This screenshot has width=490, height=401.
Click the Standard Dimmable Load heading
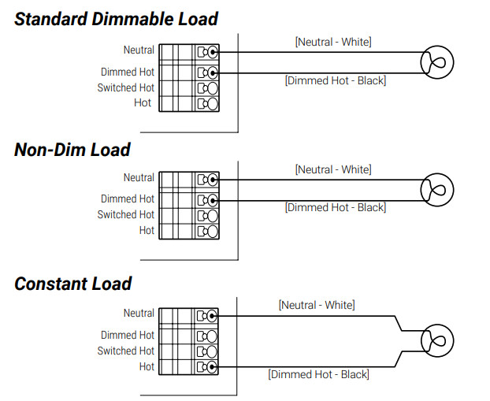tap(117, 19)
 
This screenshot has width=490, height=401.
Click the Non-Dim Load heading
tap(72, 149)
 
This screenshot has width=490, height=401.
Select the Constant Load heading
tap(73, 284)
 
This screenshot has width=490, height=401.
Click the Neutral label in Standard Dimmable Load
tap(139, 50)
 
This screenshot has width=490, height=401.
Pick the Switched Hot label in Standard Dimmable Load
tap(126, 87)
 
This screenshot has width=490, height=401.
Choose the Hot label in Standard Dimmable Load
tap(145, 103)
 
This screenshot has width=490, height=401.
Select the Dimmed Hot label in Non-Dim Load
tap(128, 199)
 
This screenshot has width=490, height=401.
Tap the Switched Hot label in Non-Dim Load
tap(126, 214)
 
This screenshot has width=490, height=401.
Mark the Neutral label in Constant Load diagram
tap(139, 314)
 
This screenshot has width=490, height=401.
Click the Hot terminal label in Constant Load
tap(147, 366)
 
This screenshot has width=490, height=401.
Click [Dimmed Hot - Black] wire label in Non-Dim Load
tap(335, 207)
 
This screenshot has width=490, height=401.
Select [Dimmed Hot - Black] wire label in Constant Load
tap(318, 374)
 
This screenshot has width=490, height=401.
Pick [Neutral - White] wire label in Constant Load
tap(317, 305)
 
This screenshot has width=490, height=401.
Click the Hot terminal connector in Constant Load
tap(207, 366)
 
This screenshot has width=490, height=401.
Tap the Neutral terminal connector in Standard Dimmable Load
tap(207, 52)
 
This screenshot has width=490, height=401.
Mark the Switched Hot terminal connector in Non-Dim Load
tap(207, 215)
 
